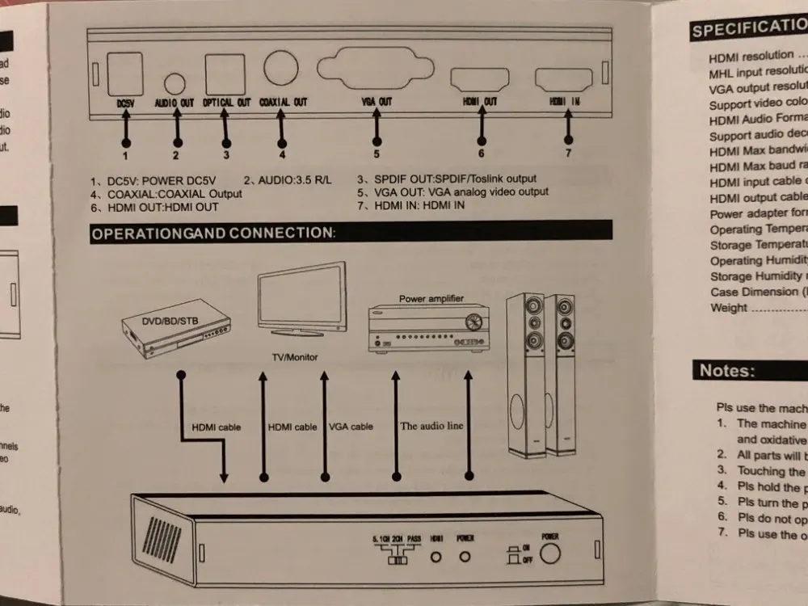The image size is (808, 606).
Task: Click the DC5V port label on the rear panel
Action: (x=125, y=103)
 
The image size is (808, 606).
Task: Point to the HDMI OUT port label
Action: (x=479, y=102)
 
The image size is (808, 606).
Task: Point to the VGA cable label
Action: (x=351, y=427)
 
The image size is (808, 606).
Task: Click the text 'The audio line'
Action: (x=432, y=426)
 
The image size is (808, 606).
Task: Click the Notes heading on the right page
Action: (x=727, y=371)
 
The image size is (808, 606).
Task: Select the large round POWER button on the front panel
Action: (x=551, y=555)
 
